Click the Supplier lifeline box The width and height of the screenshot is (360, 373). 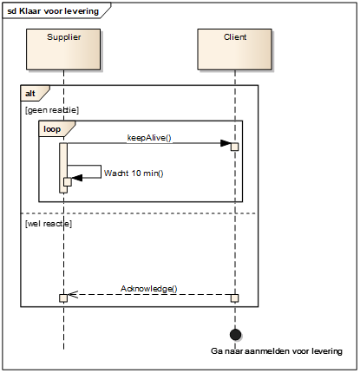(63, 49)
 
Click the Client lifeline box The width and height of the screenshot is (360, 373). (234, 49)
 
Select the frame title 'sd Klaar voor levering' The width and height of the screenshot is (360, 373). (53, 11)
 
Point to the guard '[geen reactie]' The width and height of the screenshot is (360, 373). (52, 110)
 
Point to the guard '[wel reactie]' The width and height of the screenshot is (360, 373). (49, 224)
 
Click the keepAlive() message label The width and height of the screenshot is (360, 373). (149, 138)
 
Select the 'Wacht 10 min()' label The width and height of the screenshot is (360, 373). (134, 173)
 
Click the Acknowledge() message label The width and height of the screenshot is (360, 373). (149, 289)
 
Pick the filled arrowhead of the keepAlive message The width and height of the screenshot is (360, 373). (226, 143)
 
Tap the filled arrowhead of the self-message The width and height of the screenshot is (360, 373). (77, 178)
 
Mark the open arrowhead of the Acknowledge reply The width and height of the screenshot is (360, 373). (73, 295)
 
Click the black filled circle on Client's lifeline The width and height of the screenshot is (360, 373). (235, 335)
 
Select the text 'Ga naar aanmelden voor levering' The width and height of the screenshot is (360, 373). (277, 351)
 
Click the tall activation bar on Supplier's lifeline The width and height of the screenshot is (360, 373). (63, 167)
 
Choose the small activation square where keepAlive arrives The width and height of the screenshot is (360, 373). (234, 147)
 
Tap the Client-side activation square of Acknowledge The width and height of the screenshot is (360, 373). (235, 298)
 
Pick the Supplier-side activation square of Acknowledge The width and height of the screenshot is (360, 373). (63, 298)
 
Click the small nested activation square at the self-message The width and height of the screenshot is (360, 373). (68, 182)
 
